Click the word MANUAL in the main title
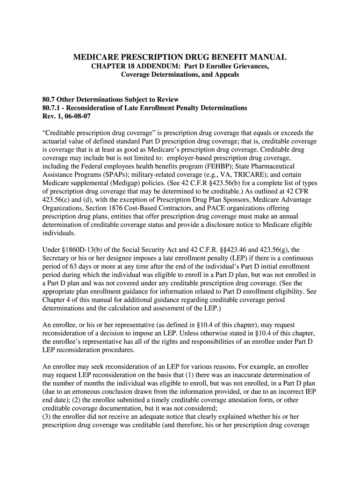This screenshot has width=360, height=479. point(267,58)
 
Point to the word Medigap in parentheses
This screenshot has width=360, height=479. point(134,182)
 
